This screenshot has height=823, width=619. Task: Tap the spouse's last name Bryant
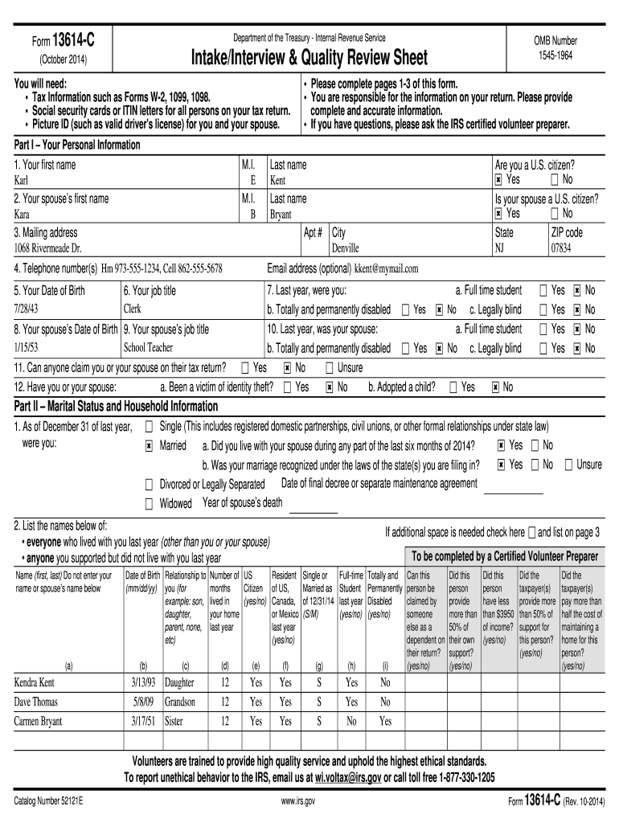(x=281, y=215)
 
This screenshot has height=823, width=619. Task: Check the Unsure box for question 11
(x=329, y=368)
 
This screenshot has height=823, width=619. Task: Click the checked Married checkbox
(x=149, y=446)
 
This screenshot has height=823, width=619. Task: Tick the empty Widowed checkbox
(x=149, y=504)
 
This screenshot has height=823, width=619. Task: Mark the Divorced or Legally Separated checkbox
(x=149, y=485)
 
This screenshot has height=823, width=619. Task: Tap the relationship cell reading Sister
(x=174, y=721)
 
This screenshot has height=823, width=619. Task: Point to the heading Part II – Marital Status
(x=117, y=407)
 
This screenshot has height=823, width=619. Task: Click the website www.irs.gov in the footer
(x=309, y=802)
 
